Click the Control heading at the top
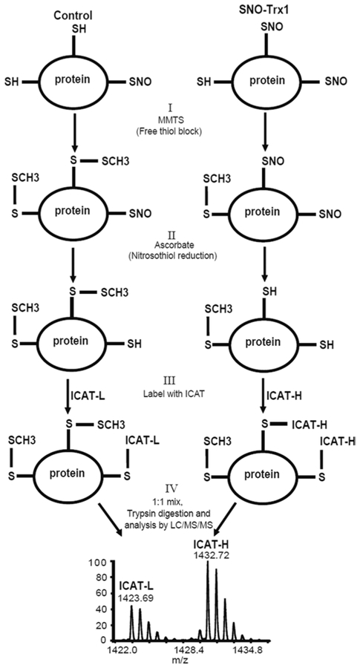tap(76, 13)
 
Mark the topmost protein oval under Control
tap(76, 81)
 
